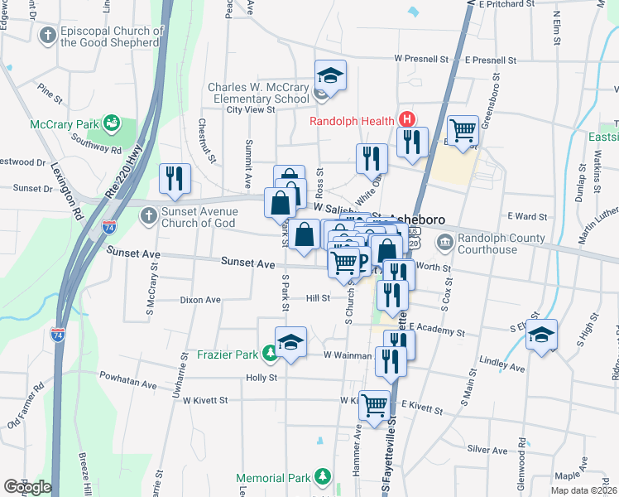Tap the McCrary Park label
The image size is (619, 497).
pyautogui.click(x=64, y=124)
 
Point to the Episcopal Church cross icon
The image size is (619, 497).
pyautogui.click(x=46, y=36)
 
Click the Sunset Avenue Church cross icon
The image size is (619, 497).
pyautogui.click(x=148, y=216)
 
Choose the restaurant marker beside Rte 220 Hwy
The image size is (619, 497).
pyautogui.click(x=175, y=178)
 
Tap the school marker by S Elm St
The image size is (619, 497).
pyautogui.click(x=541, y=335)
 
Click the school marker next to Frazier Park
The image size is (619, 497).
pyautogui.click(x=290, y=343)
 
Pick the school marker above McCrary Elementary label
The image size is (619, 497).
pyautogui.click(x=329, y=76)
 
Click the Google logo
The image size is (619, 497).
pyautogui.click(x=27, y=486)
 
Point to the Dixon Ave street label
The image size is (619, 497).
pyautogui.click(x=200, y=300)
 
